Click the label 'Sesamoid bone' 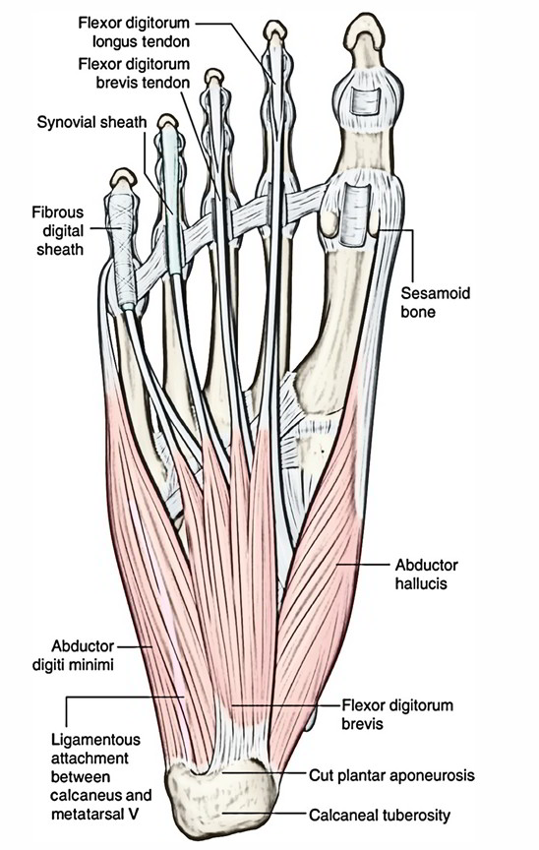[435, 302]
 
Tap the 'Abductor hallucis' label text [426, 575]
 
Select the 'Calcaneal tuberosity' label [380, 815]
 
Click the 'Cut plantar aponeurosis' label [391, 776]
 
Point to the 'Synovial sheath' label [91, 123]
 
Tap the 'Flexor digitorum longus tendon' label [135, 32]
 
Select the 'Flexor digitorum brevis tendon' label [135, 73]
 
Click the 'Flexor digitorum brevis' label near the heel [396, 714]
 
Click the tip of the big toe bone [365, 21]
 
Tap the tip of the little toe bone [124, 174]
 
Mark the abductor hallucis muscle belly [320, 570]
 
